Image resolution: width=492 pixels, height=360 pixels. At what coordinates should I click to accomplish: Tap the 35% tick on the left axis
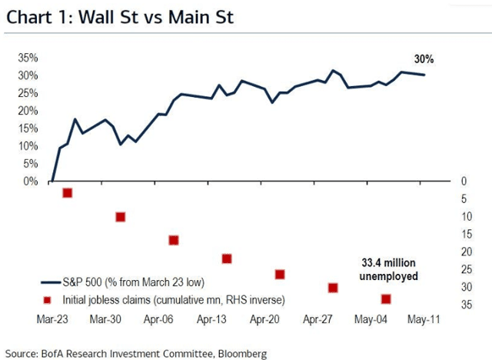click(x=28, y=58)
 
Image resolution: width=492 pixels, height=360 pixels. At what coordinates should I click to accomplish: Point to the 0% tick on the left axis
click(x=30, y=182)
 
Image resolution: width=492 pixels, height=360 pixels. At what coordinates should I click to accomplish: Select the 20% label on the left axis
click(x=28, y=111)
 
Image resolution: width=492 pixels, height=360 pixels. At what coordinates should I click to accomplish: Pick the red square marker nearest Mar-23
click(x=67, y=193)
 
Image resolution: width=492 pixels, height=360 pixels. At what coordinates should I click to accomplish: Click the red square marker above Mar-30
click(x=120, y=217)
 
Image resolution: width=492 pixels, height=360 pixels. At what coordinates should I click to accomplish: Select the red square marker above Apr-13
click(x=226, y=258)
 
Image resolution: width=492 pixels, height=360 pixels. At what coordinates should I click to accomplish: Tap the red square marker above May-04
click(x=386, y=298)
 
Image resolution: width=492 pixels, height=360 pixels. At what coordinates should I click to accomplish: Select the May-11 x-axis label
click(x=422, y=318)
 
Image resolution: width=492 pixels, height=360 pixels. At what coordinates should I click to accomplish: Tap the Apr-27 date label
click(x=316, y=318)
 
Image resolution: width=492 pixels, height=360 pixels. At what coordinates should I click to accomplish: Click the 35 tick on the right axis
click(x=464, y=305)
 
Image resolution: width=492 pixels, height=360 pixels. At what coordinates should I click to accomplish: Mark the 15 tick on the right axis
click(x=464, y=234)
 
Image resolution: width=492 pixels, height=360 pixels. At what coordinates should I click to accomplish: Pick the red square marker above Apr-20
click(x=280, y=275)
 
